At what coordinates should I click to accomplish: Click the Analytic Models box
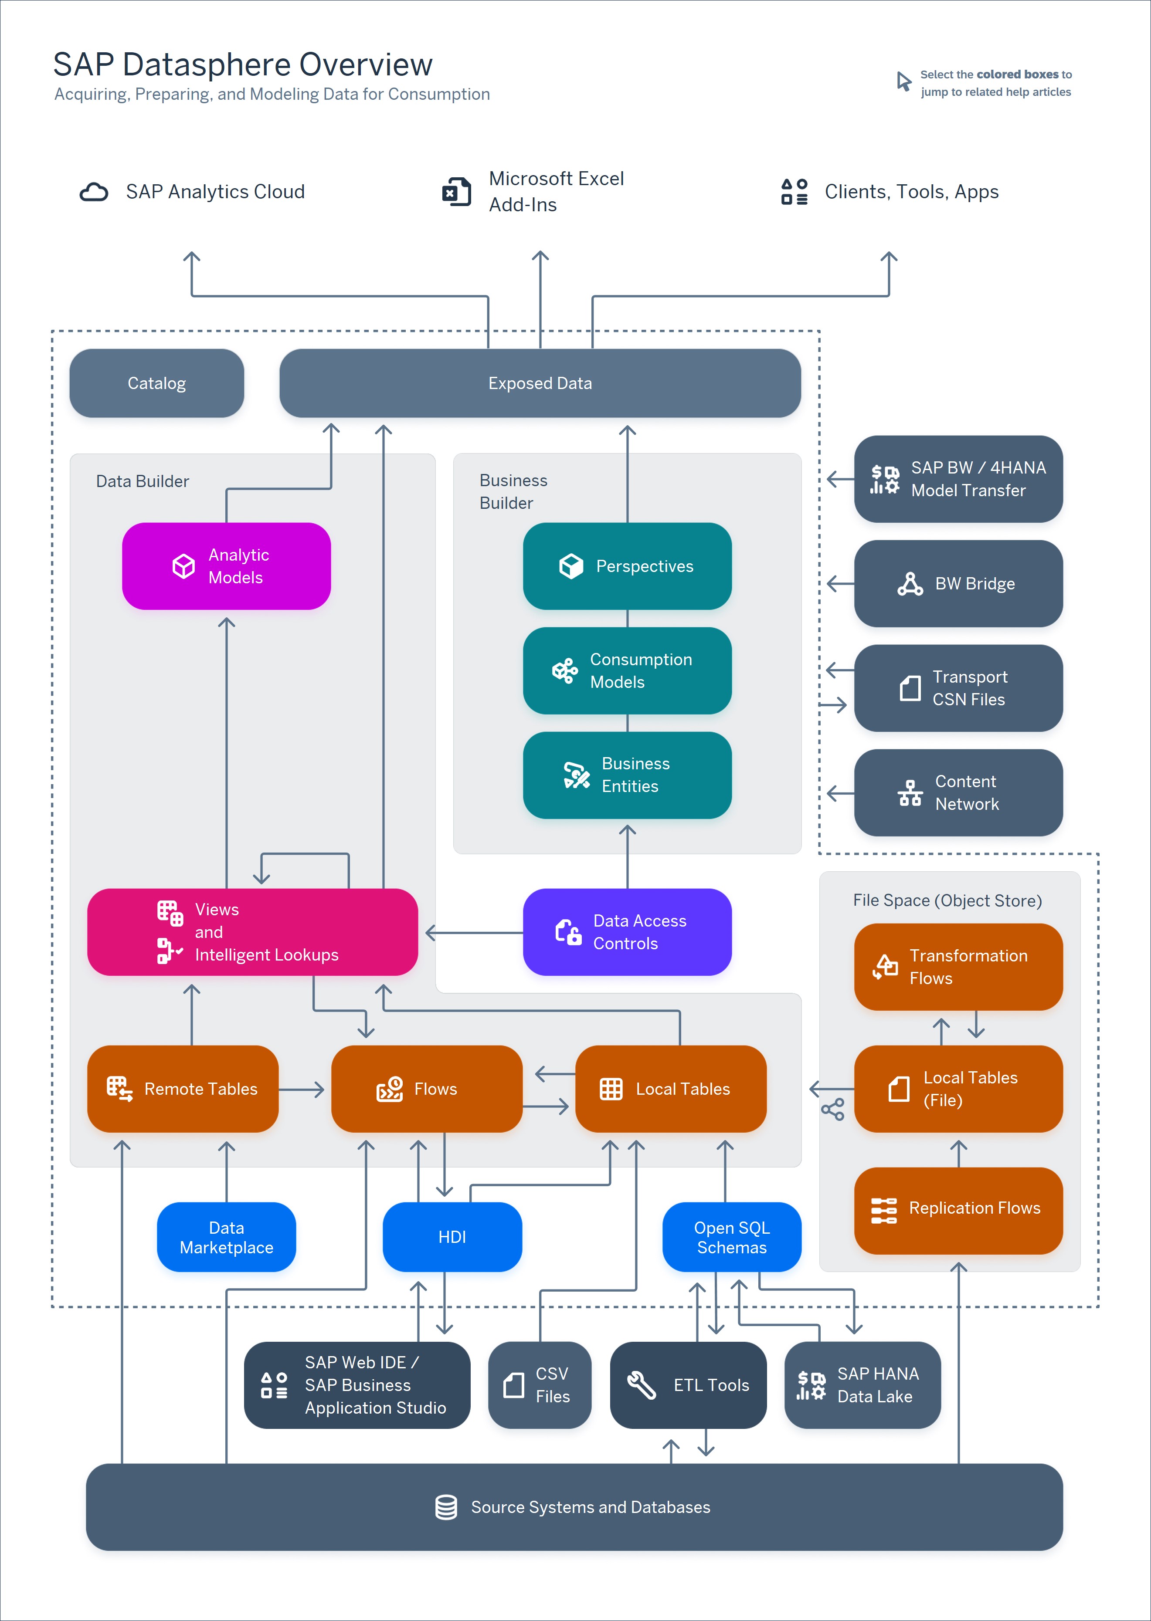pyautogui.click(x=226, y=566)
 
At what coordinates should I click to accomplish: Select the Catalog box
pyautogui.click(x=156, y=383)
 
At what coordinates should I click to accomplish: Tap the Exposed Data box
pyautogui.click(x=540, y=383)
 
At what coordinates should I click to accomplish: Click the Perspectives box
pyautogui.click(x=627, y=566)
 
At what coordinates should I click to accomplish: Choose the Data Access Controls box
pyautogui.click(x=627, y=932)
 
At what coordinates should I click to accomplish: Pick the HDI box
pyautogui.click(x=452, y=1237)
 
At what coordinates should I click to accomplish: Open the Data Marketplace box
pyautogui.click(x=226, y=1237)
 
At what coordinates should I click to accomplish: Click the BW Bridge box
pyautogui.click(x=958, y=584)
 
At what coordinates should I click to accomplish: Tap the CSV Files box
pyautogui.click(x=540, y=1385)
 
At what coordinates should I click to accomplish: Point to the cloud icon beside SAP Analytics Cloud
pyautogui.click(x=94, y=192)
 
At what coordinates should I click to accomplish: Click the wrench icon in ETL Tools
pyautogui.click(x=642, y=1385)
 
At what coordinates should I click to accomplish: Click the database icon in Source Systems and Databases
pyautogui.click(x=446, y=1507)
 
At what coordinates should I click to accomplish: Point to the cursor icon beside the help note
pyautogui.click(x=903, y=81)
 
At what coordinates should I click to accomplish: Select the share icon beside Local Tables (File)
pyautogui.click(x=833, y=1110)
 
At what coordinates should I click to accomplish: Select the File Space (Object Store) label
pyautogui.click(x=947, y=900)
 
